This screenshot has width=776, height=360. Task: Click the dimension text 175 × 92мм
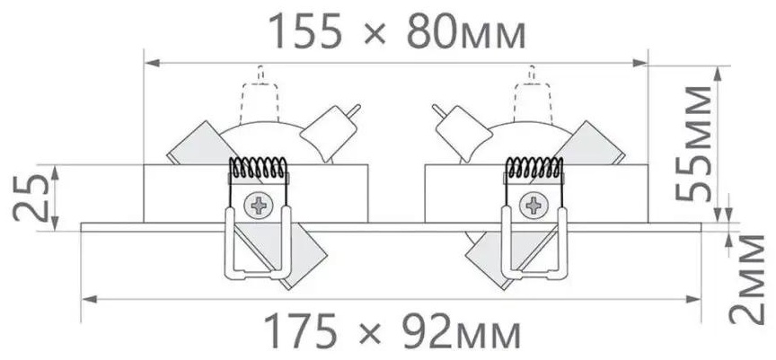[392, 331]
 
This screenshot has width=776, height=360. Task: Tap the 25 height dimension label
[31, 198]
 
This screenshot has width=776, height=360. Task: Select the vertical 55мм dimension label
[693, 143]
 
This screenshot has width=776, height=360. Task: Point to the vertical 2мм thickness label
[746, 279]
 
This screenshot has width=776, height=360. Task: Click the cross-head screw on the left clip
[259, 205]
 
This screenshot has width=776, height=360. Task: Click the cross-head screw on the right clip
[533, 205]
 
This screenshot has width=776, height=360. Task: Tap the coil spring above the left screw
[259, 168]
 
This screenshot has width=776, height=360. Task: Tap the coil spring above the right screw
[533, 168]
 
